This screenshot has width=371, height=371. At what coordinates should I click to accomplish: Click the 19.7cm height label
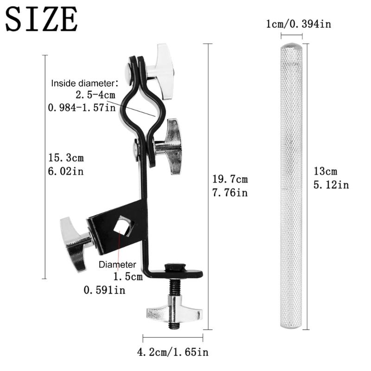coord(230,179)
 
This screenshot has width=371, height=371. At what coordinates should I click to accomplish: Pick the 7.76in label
coord(230,192)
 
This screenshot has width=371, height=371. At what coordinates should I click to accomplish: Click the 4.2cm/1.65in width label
coord(173,353)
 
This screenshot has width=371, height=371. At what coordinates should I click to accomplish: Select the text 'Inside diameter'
coord(82,84)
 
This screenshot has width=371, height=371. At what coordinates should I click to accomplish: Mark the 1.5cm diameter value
coord(128,277)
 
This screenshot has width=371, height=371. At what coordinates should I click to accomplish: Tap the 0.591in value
coord(104,290)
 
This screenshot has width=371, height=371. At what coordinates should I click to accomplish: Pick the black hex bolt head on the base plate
coord(175,268)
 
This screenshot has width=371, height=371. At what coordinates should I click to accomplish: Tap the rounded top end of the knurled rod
coord(291,47)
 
